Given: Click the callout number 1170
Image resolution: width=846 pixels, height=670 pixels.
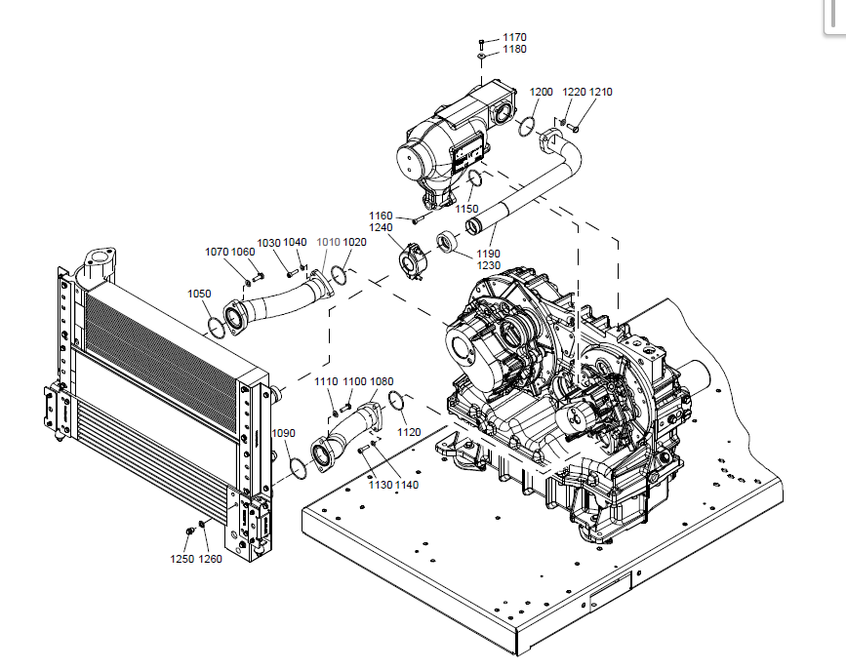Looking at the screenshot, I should tap(514, 37).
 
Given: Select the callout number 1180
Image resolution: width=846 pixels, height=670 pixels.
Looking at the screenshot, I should tap(514, 49).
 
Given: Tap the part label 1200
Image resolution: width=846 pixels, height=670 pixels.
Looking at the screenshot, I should tap(542, 92).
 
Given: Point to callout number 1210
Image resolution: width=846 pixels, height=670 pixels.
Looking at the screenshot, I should tap(601, 92).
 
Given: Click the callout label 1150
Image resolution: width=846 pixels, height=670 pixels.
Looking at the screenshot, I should tap(466, 209).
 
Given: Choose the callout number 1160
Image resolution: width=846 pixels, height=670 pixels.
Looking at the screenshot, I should tap(381, 216).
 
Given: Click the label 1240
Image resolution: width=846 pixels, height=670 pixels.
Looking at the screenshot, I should tap(381, 227).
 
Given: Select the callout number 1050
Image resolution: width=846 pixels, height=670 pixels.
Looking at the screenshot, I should tap(199, 293).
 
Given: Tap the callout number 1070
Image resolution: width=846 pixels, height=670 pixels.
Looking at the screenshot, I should tap(217, 252).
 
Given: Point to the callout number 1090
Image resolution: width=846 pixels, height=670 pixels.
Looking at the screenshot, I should tap(283, 433).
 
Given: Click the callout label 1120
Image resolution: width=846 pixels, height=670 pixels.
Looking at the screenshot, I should tap(410, 431).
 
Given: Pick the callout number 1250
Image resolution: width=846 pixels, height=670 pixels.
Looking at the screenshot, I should tap(182, 559).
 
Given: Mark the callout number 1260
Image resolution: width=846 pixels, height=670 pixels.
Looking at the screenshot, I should tap(211, 559).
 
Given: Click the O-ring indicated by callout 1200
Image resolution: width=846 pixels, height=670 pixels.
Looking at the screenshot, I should tap(526, 126).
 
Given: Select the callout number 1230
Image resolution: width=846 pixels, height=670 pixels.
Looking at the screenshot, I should tap(488, 265).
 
